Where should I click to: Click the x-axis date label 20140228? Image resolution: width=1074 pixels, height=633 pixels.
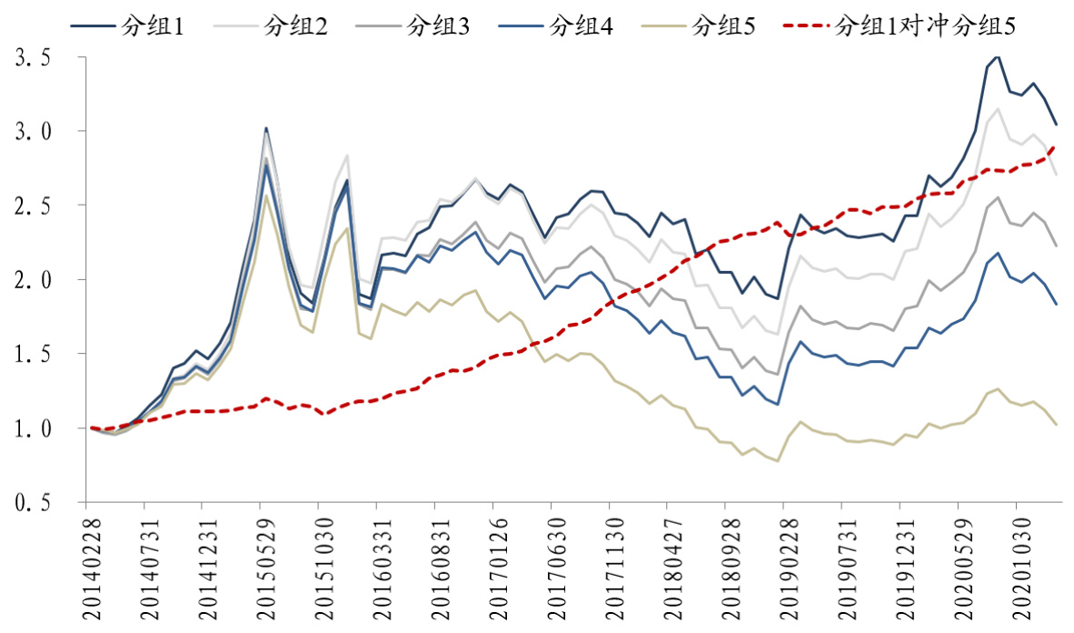tap(90, 566)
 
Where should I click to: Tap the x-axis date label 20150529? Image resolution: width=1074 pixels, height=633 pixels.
tap(265, 566)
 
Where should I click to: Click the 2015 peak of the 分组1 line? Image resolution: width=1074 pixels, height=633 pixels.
tap(265, 128)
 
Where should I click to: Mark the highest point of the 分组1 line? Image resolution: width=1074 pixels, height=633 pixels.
tap(998, 56)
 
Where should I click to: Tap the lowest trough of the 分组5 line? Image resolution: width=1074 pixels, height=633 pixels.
tap(778, 461)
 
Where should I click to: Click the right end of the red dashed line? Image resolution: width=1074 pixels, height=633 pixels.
tap(1055, 146)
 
